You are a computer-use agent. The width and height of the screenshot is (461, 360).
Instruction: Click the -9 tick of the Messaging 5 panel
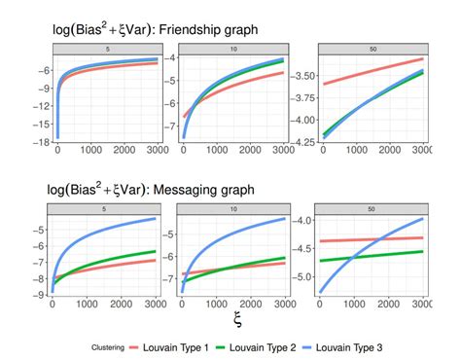point(41,297)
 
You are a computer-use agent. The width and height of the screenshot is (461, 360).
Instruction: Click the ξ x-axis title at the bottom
point(237,318)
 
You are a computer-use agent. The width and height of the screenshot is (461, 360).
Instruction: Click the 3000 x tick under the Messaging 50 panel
point(422,306)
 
